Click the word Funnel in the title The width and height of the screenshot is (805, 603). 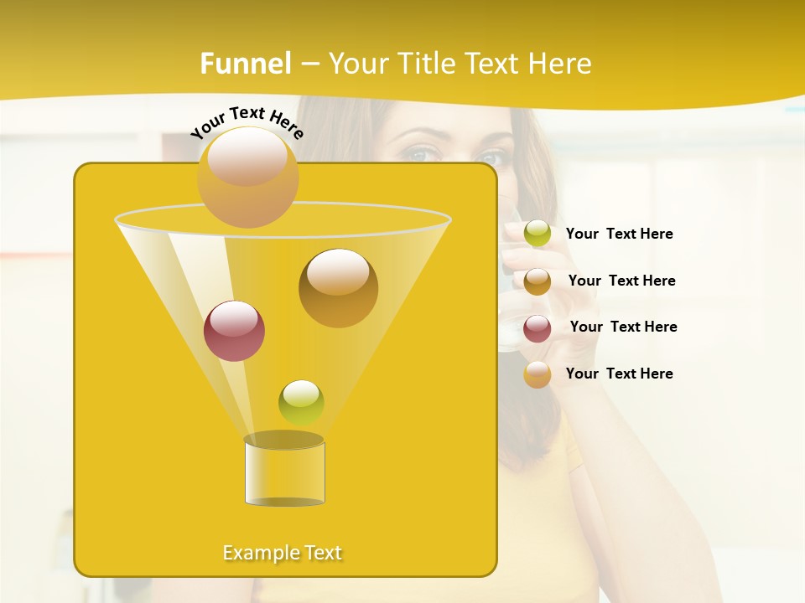(246, 64)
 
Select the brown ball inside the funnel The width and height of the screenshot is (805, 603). (338, 287)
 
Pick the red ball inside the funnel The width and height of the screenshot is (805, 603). (234, 330)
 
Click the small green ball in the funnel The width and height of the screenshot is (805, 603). (301, 402)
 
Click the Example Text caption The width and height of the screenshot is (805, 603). (283, 553)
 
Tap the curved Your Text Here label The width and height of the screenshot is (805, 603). (247, 121)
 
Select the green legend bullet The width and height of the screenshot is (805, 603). (538, 234)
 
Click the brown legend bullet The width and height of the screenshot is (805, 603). (538, 281)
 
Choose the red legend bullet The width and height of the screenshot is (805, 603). (538, 327)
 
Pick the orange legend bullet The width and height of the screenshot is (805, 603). (538, 374)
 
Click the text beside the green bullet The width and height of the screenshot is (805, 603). (619, 234)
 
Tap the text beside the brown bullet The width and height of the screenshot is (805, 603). (621, 281)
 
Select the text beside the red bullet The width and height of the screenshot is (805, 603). (623, 327)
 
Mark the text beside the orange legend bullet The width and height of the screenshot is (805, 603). (619, 374)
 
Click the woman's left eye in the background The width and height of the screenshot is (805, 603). (493, 157)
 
